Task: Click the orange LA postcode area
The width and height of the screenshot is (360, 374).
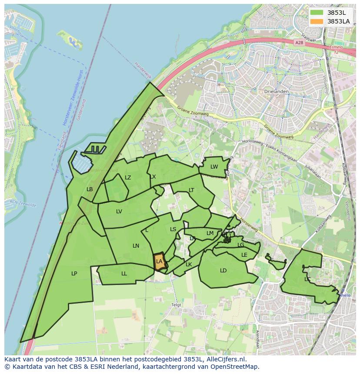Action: (x=160, y=261)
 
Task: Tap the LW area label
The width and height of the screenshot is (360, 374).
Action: (x=214, y=167)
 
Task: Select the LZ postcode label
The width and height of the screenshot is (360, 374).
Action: (x=128, y=177)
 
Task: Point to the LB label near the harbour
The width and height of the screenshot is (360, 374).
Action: (x=90, y=189)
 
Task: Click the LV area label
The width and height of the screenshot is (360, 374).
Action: (x=119, y=212)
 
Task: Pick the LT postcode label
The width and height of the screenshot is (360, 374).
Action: (x=191, y=190)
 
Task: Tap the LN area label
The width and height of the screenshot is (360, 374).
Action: (x=136, y=246)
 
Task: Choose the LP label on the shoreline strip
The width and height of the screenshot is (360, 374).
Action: (x=74, y=273)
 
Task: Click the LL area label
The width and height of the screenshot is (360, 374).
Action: (x=124, y=273)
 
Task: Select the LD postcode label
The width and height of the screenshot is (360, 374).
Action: (x=223, y=270)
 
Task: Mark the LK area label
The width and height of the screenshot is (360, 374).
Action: (x=189, y=264)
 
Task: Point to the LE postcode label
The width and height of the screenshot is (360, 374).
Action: (x=244, y=255)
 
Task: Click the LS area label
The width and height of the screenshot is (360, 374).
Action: (x=173, y=229)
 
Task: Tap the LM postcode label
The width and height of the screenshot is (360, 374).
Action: (x=210, y=233)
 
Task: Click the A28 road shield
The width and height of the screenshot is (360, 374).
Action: (x=299, y=43)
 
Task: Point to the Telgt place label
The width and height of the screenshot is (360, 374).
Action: (x=176, y=305)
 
